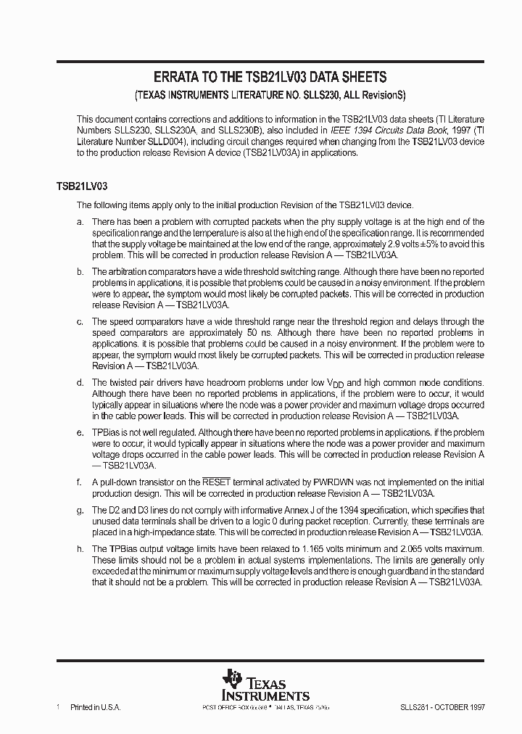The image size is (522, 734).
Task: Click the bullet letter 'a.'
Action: click(x=80, y=221)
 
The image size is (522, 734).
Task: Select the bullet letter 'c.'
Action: click(x=80, y=321)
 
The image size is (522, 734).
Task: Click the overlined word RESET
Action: click(x=215, y=481)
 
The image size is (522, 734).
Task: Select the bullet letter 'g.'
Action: click(x=80, y=510)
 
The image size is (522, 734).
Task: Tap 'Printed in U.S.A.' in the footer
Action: click(x=94, y=706)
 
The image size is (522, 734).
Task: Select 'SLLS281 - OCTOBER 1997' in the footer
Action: click(x=442, y=706)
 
